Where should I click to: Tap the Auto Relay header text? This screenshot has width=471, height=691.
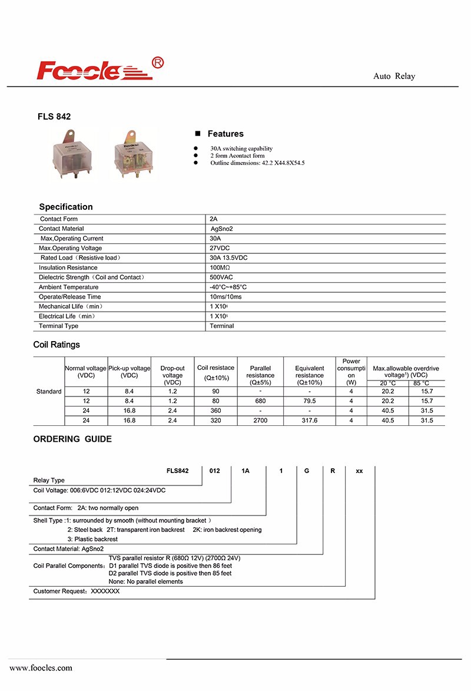pos(394,77)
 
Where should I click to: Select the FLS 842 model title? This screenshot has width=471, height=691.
pos(54,117)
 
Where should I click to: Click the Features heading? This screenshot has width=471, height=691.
pos(225,134)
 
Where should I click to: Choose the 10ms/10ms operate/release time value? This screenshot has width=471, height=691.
pos(225,297)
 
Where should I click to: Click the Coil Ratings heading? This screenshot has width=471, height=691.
pos(57,345)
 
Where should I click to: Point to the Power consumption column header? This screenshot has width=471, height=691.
pos(351,372)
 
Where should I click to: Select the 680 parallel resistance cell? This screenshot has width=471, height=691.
pos(260,401)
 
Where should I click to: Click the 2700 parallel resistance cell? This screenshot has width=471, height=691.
pos(260,421)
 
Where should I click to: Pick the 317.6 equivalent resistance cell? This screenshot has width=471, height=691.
pos(309,421)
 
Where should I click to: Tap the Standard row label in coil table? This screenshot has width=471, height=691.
pos(49,391)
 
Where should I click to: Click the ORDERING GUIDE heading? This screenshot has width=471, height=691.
pos(72,439)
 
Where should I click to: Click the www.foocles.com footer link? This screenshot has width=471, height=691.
pos(41,668)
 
